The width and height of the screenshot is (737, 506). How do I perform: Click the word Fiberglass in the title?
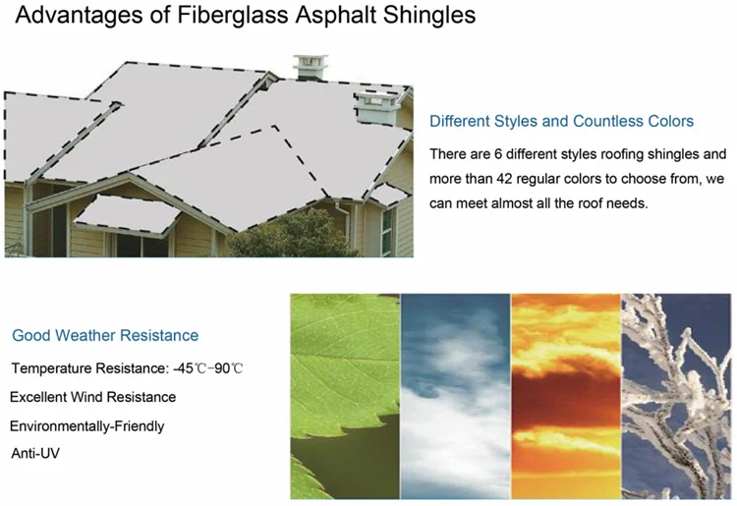(233, 15)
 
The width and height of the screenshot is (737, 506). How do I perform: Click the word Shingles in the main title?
(429, 16)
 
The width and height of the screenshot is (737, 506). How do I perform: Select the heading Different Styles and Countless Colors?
(562, 121)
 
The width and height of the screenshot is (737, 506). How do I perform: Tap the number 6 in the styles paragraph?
(498, 154)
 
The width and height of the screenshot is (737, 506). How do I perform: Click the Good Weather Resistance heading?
(105, 335)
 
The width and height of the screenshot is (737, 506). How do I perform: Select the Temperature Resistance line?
(127, 368)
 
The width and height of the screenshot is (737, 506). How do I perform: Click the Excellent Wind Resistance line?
(93, 397)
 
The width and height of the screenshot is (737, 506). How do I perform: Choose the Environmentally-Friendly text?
(86, 426)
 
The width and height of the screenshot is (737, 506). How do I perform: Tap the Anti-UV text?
(35, 453)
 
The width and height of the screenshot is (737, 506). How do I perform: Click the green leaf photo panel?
(345, 396)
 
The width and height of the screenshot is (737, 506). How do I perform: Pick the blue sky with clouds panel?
(455, 396)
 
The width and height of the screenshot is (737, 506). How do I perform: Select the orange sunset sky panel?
(566, 396)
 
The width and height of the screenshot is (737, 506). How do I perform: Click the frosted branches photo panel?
(676, 396)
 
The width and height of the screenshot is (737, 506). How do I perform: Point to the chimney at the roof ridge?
(311, 67)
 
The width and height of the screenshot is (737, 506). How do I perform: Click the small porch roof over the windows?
(127, 215)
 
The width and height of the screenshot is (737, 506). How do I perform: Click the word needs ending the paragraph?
(629, 204)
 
